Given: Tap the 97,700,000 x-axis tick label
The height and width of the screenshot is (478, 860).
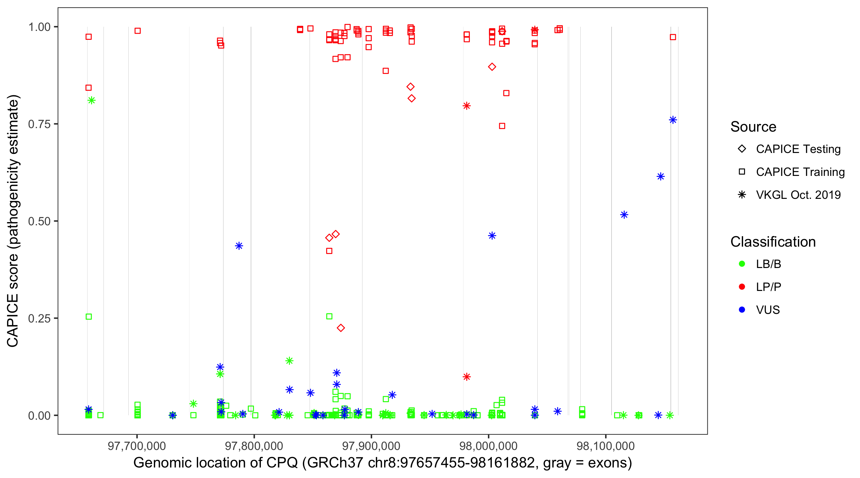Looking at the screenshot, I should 137,446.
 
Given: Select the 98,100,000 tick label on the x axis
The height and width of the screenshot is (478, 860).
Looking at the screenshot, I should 606,446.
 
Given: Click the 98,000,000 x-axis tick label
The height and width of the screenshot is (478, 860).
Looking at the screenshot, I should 488,446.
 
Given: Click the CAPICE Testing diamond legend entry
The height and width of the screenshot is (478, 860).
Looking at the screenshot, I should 742,149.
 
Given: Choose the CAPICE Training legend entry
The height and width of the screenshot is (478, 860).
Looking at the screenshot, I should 742,172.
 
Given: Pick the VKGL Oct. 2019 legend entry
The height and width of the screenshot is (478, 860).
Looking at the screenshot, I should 742,195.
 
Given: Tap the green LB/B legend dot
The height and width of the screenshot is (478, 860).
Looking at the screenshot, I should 742,264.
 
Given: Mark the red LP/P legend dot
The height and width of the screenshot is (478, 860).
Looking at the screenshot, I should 742,287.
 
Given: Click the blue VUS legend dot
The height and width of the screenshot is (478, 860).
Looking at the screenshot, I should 742,310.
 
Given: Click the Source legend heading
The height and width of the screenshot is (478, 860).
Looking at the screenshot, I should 753,127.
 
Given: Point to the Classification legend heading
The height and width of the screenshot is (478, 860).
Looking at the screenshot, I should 773,242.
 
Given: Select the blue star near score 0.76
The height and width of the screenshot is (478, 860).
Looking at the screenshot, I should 673,120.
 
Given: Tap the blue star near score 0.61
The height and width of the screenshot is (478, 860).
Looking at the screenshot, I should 661,176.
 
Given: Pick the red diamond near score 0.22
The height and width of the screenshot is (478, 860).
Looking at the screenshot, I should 340,328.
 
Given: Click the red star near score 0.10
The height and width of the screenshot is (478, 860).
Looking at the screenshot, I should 467,377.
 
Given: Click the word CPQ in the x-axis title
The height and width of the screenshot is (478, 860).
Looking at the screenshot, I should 282,463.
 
